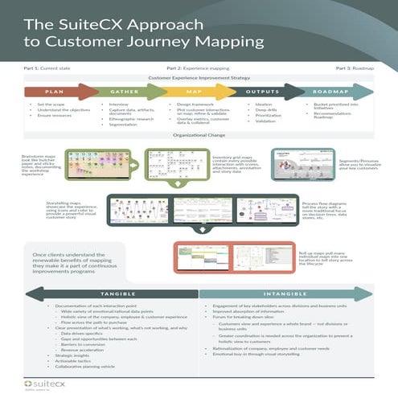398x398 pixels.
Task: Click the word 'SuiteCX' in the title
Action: tap(81, 22)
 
